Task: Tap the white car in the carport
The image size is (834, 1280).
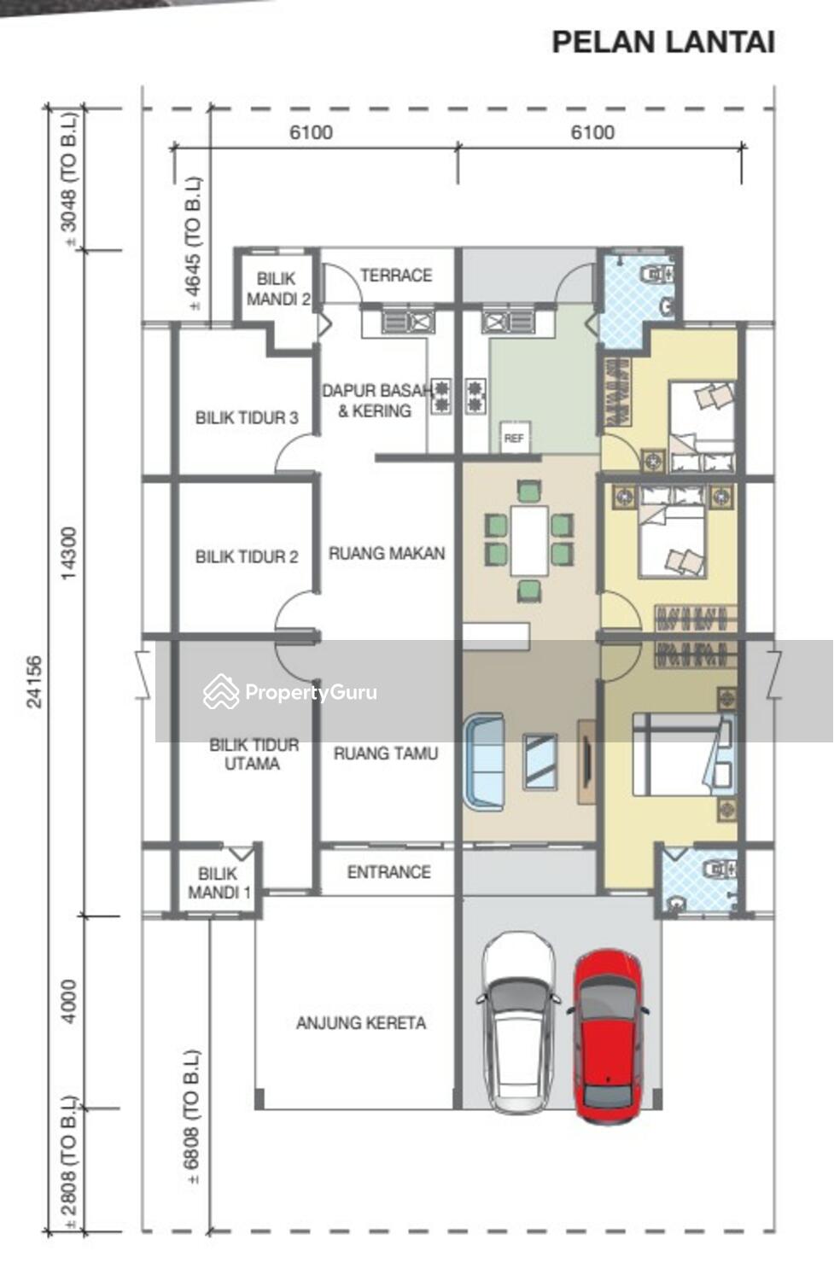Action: click(x=518, y=1023)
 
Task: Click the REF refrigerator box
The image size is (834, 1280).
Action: click(x=513, y=438)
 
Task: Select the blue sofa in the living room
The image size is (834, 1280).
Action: click(x=484, y=762)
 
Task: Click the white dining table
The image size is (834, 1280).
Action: click(x=529, y=540)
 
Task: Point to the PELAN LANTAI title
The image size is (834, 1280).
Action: click(x=663, y=43)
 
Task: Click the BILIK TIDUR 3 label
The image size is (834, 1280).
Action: click(x=247, y=418)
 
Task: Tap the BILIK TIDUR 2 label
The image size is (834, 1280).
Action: click(x=247, y=556)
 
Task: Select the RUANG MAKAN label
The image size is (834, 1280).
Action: click(x=387, y=553)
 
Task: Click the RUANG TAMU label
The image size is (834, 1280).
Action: click(x=386, y=753)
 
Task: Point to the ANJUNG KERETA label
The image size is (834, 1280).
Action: click(x=361, y=1023)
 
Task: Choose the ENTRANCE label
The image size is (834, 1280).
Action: click(x=388, y=872)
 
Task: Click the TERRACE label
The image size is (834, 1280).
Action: click(x=395, y=276)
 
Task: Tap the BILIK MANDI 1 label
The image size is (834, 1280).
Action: click(x=219, y=883)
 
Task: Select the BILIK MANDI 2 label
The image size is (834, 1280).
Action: click(x=278, y=288)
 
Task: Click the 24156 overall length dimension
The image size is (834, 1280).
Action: click(x=34, y=682)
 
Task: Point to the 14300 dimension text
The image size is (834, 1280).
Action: click(x=68, y=553)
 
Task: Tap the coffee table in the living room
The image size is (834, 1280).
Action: click(x=540, y=762)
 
